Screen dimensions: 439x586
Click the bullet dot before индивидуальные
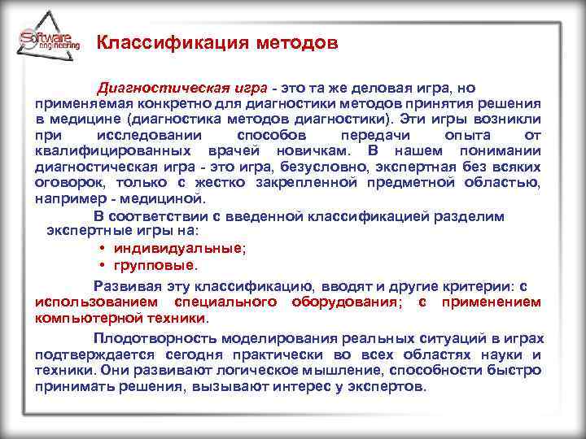(x=103, y=249)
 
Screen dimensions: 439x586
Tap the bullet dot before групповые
(x=103, y=265)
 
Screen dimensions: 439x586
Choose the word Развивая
(x=121, y=286)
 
